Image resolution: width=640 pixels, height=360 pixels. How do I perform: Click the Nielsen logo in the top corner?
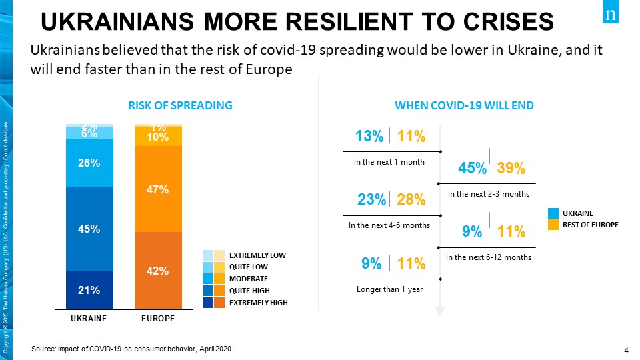(611, 14)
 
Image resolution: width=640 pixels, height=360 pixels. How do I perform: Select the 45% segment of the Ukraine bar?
(89, 229)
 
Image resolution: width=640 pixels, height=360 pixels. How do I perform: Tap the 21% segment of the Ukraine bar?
(89, 290)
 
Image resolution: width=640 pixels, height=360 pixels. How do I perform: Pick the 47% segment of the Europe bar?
(158, 189)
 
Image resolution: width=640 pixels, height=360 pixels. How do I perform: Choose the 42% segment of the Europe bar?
(158, 271)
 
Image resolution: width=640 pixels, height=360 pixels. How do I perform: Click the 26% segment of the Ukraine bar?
(89, 163)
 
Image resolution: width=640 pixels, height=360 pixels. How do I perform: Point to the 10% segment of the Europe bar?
(158, 137)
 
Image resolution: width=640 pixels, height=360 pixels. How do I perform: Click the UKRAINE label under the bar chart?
(89, 319)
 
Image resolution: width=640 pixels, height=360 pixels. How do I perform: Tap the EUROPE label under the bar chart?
(158, 319)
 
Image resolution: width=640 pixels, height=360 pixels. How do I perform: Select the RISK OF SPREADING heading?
(180, 105)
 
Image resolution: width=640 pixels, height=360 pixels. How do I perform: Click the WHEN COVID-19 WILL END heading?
(464, 105)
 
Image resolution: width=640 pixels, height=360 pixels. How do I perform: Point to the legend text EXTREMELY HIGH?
(258, 303)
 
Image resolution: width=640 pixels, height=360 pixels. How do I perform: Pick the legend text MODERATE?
(249, 279)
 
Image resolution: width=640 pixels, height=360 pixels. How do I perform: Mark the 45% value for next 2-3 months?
(472, 169)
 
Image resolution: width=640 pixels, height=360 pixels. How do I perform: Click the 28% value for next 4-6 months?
(411, 200)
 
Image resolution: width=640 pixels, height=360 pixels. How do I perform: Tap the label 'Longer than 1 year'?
(390, 289)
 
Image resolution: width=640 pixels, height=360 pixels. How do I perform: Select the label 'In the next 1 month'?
(389, 161)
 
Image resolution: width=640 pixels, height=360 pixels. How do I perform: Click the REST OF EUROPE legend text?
(591, 225)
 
